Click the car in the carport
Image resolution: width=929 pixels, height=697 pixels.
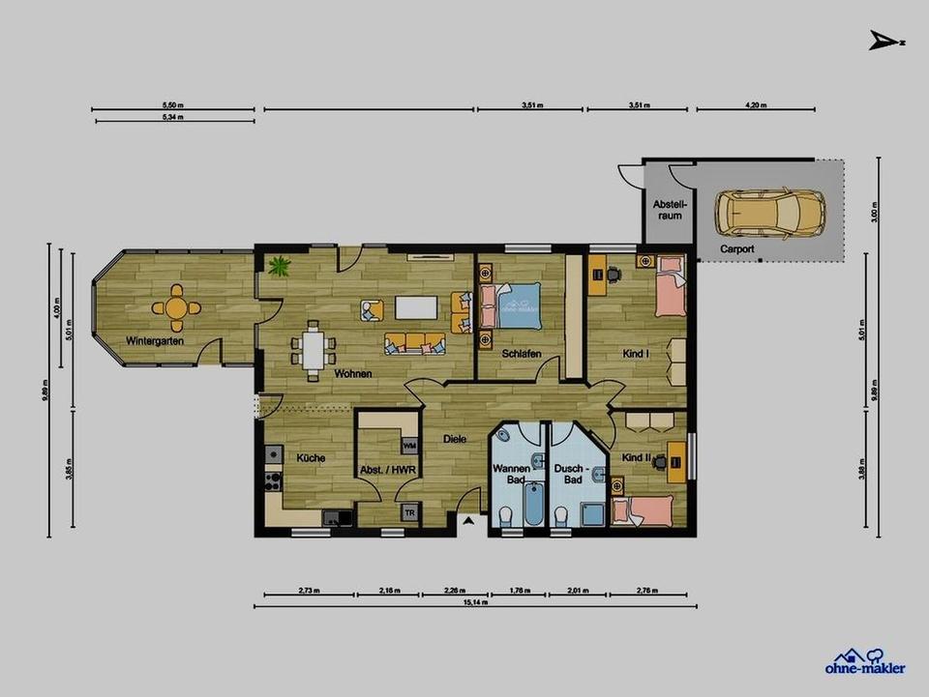769,213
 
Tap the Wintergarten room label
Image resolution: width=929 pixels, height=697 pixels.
155,340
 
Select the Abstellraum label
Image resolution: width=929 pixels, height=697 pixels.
669,210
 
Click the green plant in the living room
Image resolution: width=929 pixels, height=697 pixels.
281,264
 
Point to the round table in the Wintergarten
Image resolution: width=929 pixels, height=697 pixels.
176,307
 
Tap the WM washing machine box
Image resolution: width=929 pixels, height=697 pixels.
409,445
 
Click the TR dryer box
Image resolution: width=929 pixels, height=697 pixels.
410,512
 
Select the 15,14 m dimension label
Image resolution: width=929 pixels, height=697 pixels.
475,601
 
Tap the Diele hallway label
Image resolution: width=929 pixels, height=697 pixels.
455,439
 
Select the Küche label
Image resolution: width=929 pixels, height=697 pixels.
310,458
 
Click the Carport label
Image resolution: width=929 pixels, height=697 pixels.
736,248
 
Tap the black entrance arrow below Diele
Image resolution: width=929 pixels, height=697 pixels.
467,522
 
